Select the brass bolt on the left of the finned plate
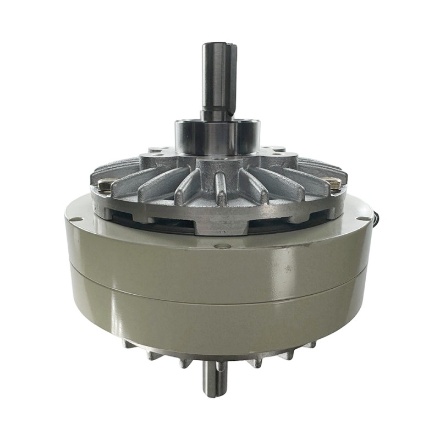(x=105, y=185)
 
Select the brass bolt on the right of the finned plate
(x=333, y=185)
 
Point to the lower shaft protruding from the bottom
(x=215, y=380)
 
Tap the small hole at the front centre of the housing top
(x=222, y=246)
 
